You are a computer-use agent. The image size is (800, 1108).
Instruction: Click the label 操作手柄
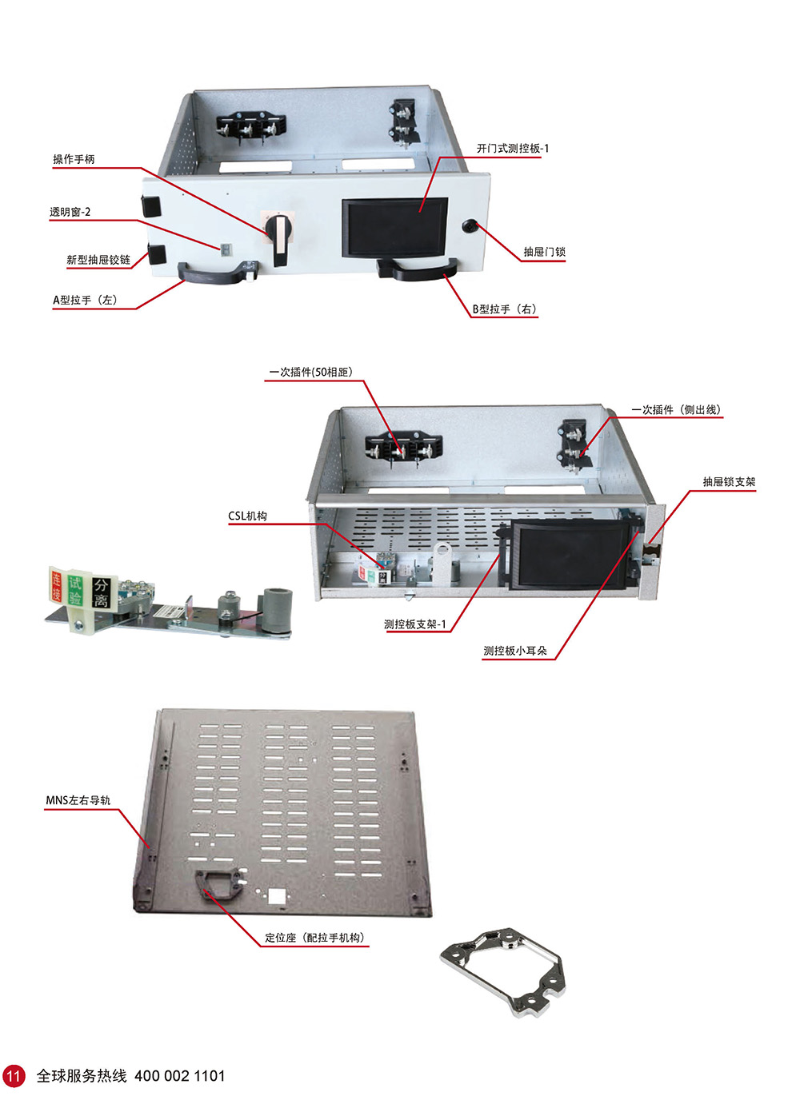(74, 159)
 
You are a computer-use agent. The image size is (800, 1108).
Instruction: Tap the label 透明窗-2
(70, 212)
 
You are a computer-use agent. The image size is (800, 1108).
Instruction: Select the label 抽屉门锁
(545, 252)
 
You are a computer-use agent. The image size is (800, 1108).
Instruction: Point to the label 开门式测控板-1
(512, 149)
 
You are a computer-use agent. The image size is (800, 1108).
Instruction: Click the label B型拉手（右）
(505, 309)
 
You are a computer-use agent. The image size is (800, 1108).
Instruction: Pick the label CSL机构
(247, 516)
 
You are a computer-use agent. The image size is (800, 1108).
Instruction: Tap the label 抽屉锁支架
(730, 482)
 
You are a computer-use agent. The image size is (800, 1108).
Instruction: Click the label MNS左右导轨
(78, 800)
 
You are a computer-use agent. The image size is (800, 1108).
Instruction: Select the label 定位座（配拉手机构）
(314, 938)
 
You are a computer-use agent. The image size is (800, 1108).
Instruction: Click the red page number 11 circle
(14, 1076)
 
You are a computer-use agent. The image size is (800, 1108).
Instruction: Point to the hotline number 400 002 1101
(180, 1076)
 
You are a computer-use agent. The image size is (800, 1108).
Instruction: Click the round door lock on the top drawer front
(468, 226)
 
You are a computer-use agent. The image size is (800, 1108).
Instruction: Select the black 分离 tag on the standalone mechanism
(101, 592)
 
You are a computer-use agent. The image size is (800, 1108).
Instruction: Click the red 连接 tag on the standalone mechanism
(57, 587)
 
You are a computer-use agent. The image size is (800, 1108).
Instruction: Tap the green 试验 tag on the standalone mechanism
(74, 590)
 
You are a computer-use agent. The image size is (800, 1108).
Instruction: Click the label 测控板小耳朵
(515, 651)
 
